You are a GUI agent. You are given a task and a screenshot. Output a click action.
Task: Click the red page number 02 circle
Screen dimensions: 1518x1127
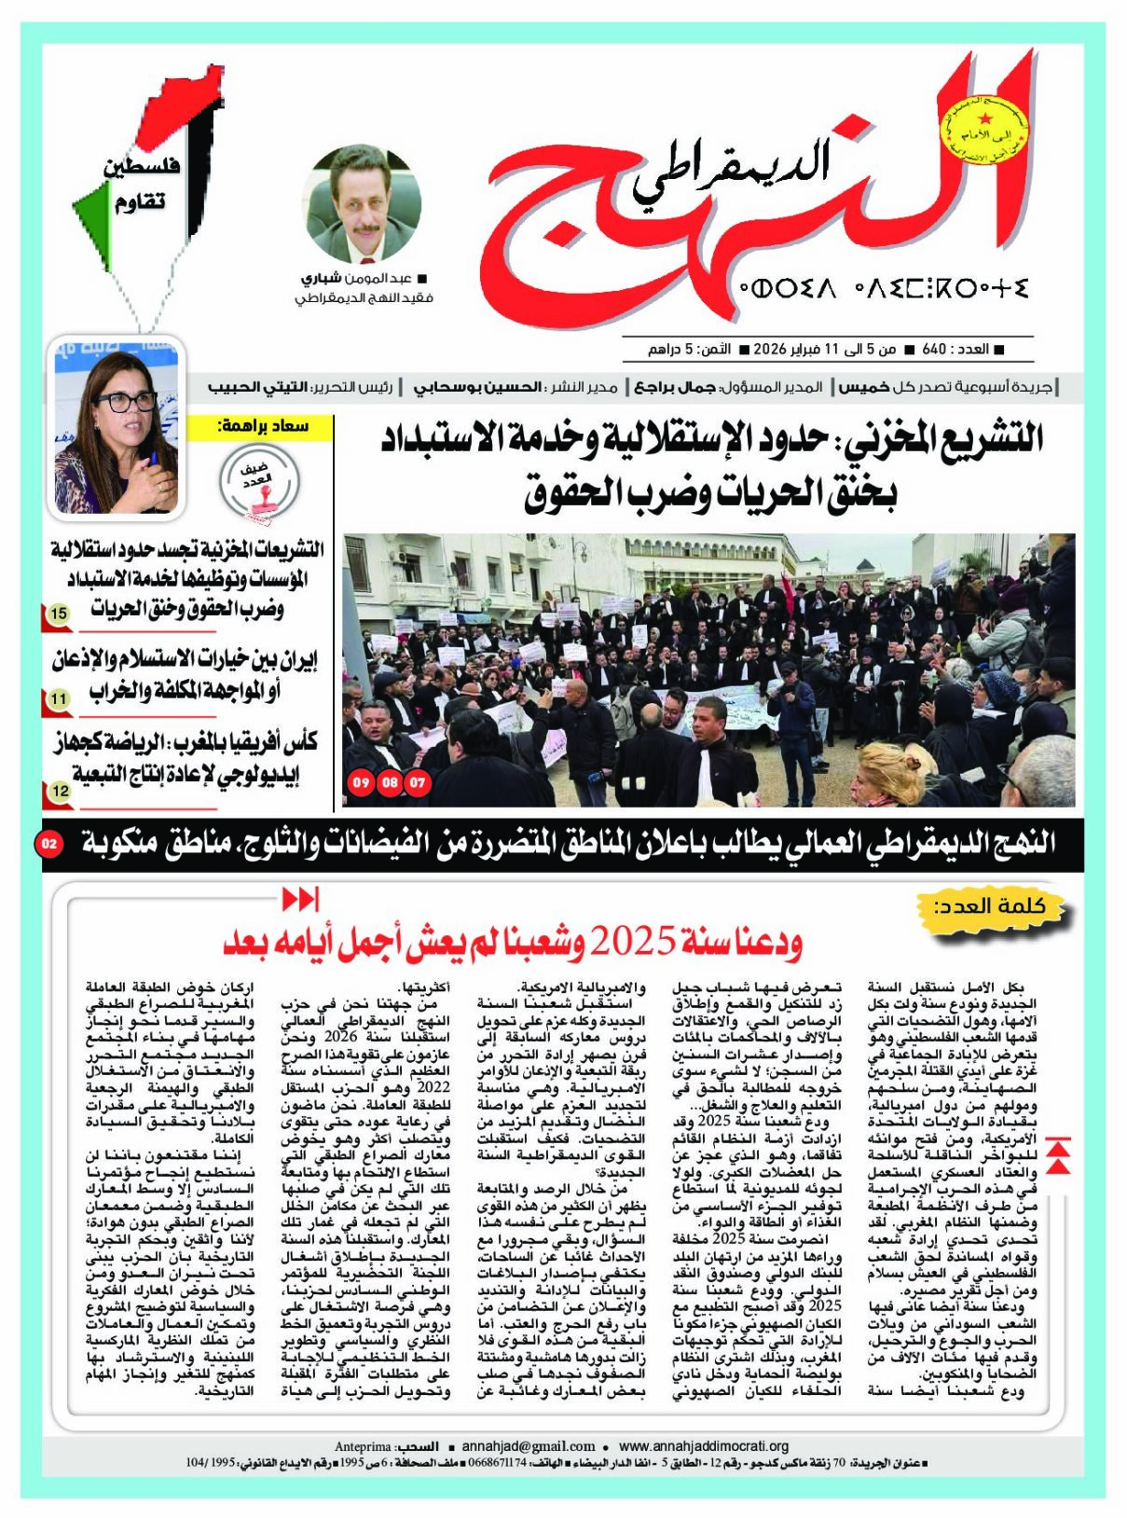(x=49, y=844)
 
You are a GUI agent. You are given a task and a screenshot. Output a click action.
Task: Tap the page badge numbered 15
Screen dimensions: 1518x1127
(x=59, y=614)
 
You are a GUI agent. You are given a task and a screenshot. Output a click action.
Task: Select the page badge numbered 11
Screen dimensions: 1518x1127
(x=59, y=698)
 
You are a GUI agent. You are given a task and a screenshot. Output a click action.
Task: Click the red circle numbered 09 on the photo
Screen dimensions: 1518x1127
(x=361, y=783)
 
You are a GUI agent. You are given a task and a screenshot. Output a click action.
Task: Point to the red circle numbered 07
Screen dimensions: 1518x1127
(x=418, y=783)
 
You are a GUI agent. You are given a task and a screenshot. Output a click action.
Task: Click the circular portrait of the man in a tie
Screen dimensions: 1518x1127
(x=364, y=204)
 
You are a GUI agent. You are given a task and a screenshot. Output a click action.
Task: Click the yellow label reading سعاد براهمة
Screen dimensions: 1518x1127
(x=262, y=427)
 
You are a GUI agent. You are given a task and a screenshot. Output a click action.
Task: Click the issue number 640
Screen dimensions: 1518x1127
(x=934, y=350)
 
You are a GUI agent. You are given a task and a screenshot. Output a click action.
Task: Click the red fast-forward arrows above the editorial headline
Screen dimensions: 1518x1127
(x=300, y=900)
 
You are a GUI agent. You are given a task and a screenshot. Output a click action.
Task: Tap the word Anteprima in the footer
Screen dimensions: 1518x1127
(x=364, y=1447)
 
